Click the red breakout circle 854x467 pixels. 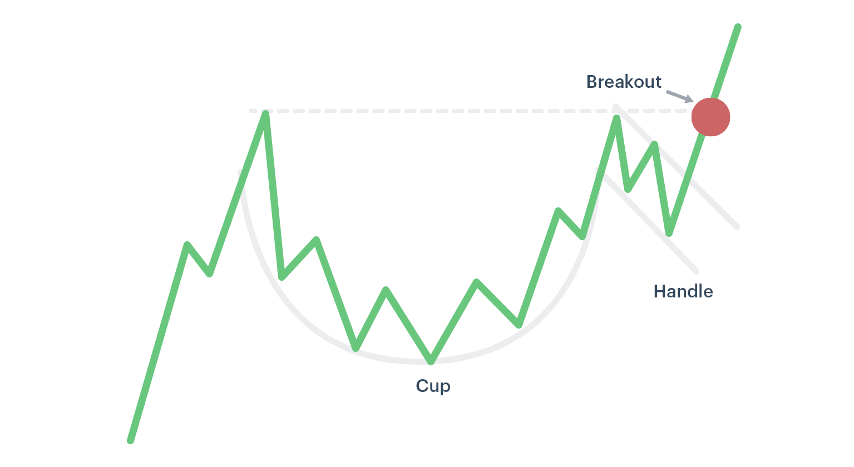click(710, 117)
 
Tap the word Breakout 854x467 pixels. click(624, 82)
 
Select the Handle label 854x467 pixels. click(683, 291)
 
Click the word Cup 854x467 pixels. click(433, 386)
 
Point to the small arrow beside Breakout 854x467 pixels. click(680, 96)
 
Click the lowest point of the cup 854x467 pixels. click(431, 361)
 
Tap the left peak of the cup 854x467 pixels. click(266, 113)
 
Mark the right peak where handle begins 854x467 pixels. click(616, 118)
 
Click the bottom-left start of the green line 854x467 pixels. click(130, 441)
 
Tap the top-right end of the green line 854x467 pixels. click(738, 27)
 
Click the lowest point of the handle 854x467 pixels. click(669, 233)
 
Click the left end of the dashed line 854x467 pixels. click(251, 111)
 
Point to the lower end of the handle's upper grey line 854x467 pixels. click(737, 227)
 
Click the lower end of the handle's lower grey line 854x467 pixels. click(697, 271)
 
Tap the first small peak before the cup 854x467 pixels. click(187, 244)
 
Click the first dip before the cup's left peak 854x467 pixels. click(209, 274)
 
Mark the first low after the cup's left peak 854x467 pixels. click(282, 277)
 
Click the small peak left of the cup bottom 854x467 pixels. click(386, 290)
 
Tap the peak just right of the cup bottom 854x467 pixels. click(477, 282)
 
